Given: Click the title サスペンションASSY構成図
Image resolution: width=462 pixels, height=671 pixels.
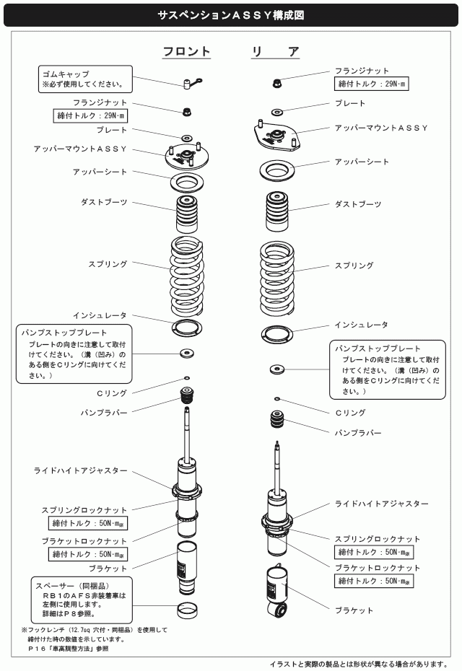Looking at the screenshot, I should click(x=230, y=14).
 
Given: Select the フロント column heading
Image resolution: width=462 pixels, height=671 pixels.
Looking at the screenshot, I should click(x=186, y=52).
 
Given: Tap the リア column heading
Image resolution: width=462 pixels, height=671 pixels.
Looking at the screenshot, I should click(x=275, y=52).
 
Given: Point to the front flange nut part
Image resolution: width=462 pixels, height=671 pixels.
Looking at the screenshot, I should click(x=186, y=112).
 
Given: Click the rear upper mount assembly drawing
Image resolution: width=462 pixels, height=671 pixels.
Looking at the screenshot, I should click(x=275, y=135).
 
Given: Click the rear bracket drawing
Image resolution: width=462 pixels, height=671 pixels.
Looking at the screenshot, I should click(x=276, y=590).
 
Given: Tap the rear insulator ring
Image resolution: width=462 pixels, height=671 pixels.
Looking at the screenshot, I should click(x=276, y=335).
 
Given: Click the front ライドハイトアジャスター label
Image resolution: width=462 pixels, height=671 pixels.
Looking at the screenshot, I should click(x=81, y=470).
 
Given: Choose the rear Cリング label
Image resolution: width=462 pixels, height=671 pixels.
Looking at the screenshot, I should click(x=350, y=413).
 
